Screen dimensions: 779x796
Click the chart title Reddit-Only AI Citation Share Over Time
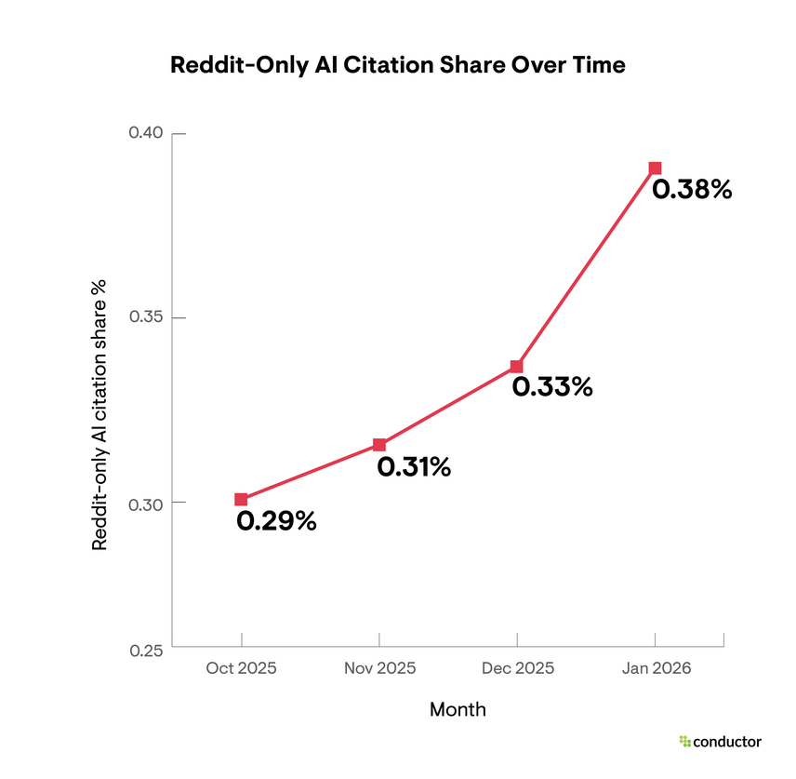point(397,66)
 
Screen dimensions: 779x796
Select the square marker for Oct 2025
point(241,500)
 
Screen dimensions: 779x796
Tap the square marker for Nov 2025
point(379,445)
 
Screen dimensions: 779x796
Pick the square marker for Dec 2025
point(517,367)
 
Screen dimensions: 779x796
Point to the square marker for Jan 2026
point(655,168)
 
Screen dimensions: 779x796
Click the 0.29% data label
point(276,522)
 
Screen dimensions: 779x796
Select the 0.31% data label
point(414,467)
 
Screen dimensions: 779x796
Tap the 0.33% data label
point(552,387)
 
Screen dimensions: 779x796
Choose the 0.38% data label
point(692,190)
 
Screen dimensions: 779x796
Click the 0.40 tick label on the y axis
point(145,133)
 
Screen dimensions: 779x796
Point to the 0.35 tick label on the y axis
point(145,317)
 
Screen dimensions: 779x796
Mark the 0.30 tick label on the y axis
point(145,503)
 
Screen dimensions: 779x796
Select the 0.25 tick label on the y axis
point(145,650)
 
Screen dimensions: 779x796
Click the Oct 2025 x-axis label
point(241,668)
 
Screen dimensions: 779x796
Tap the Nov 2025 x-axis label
point(379,668)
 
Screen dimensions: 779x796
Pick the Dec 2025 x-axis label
point(517,668)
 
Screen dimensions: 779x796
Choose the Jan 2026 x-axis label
point(655,668)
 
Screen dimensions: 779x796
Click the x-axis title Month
point(458,710)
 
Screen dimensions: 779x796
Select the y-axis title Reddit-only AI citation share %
point(99,414)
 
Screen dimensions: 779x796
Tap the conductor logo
point(720,742)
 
